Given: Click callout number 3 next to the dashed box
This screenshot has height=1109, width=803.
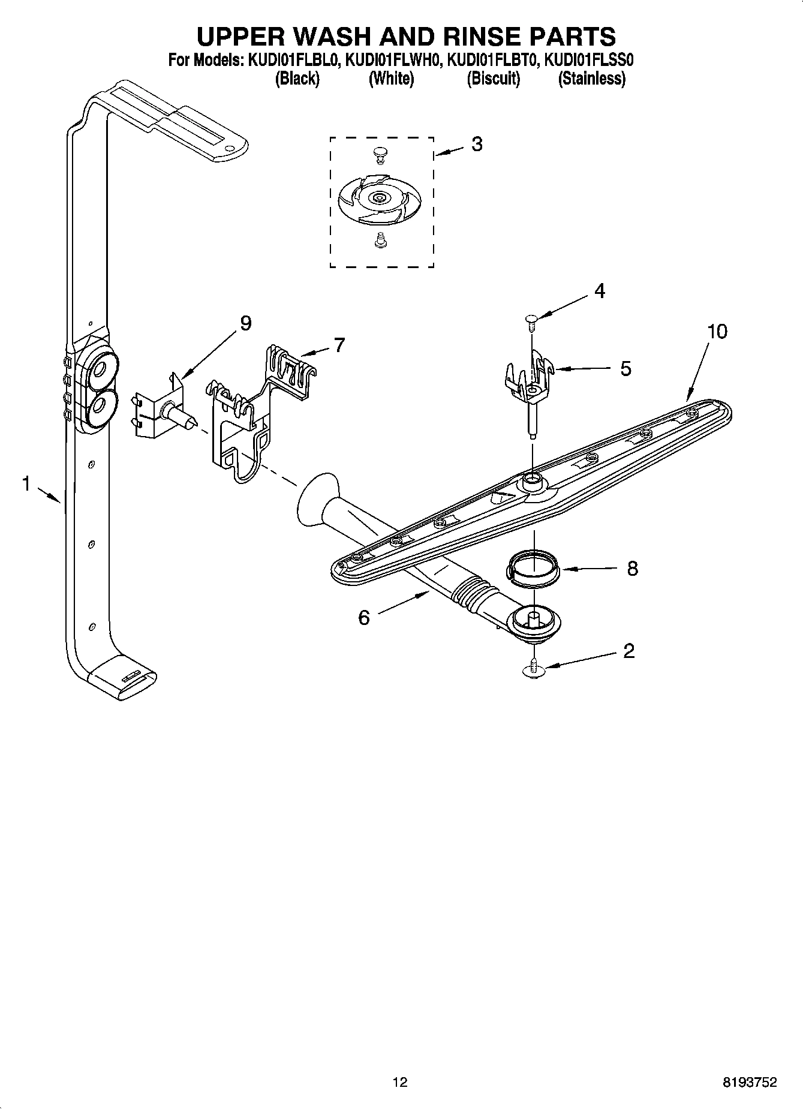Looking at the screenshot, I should [x=476, y=144].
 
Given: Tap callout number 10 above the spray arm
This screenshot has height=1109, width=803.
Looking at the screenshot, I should [x=717, y=331].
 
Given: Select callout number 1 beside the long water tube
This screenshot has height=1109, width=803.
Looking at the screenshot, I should [x=26, y=483].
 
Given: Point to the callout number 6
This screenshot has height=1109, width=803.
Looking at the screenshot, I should [x=364, y=617].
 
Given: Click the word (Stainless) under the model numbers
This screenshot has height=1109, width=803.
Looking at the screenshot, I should [x=591, y=79].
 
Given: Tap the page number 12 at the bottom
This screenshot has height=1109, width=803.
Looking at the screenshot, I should [x=400, y=1082].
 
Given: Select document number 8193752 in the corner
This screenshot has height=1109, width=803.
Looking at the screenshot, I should [x=750, y=1082].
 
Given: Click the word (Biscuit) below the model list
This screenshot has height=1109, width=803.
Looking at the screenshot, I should [x=493, y=79].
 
